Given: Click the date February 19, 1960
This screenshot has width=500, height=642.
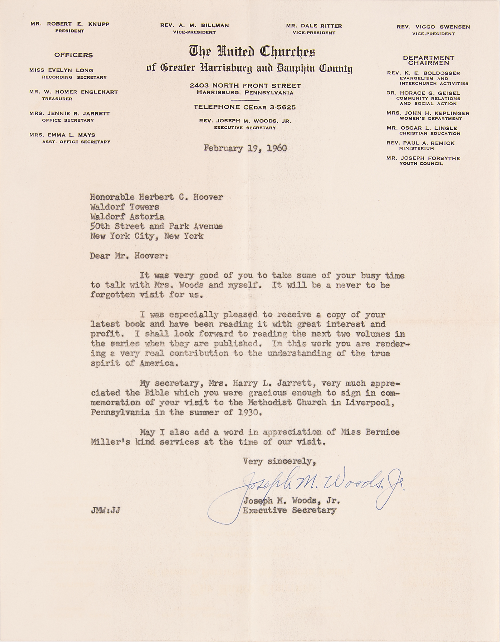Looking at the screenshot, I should point(245,148).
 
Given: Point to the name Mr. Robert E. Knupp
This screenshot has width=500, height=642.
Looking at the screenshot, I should point(70,24).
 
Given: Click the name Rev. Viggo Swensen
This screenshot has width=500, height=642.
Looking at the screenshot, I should point(433,27).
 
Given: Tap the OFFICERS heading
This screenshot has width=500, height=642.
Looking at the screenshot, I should point(73,55).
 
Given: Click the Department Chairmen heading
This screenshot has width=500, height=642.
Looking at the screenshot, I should point(428,60).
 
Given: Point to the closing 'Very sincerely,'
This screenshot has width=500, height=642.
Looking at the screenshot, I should point(280,462).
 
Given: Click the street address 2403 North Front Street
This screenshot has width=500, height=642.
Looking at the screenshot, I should point(245,86).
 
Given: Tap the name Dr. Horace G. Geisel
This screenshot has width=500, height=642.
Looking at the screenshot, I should point(423,93).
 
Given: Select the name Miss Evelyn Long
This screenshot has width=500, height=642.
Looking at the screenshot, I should point(61,70).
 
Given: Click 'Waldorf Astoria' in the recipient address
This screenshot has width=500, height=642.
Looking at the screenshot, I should point(127,217).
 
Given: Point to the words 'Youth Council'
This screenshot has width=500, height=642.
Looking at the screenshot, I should point(421,163).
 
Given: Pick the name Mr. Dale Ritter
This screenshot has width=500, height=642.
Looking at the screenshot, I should point(314,26).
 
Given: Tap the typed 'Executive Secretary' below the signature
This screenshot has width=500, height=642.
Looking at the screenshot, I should point(290,510).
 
